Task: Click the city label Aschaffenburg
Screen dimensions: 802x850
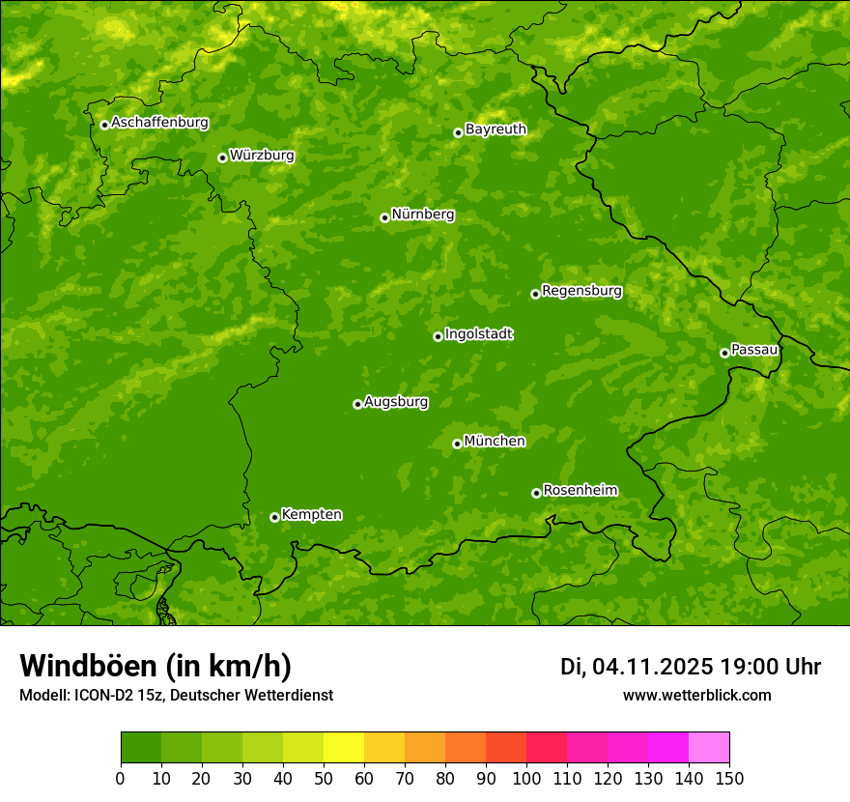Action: pos(159,123)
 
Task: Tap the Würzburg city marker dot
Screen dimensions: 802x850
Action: pos(222,158)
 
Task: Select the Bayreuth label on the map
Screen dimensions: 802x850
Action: pos(496,129)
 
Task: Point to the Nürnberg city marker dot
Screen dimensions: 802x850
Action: pos(384,217)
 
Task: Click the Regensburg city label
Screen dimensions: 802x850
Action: pos(581,291)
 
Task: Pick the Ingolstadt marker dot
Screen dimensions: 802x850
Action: pos(438,336)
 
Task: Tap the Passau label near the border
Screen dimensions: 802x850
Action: pos(754,350)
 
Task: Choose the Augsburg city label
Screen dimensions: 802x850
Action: pos(396,402)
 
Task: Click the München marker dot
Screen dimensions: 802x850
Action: pos(457,444)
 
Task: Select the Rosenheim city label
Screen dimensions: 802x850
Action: pos(580,491)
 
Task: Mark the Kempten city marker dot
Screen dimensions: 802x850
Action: pos(274,517)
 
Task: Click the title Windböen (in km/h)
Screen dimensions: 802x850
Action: pos(156,667)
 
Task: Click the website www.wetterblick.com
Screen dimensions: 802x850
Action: pos(696,695)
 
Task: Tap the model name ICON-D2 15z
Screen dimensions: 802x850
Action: pos(115,696)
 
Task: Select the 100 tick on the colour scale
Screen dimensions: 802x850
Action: pos(526,778)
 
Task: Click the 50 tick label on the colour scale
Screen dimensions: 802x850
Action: pos(324,778)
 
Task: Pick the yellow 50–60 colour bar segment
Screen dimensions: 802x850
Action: pos(344,748)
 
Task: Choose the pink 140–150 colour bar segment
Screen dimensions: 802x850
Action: pos(709,748)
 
